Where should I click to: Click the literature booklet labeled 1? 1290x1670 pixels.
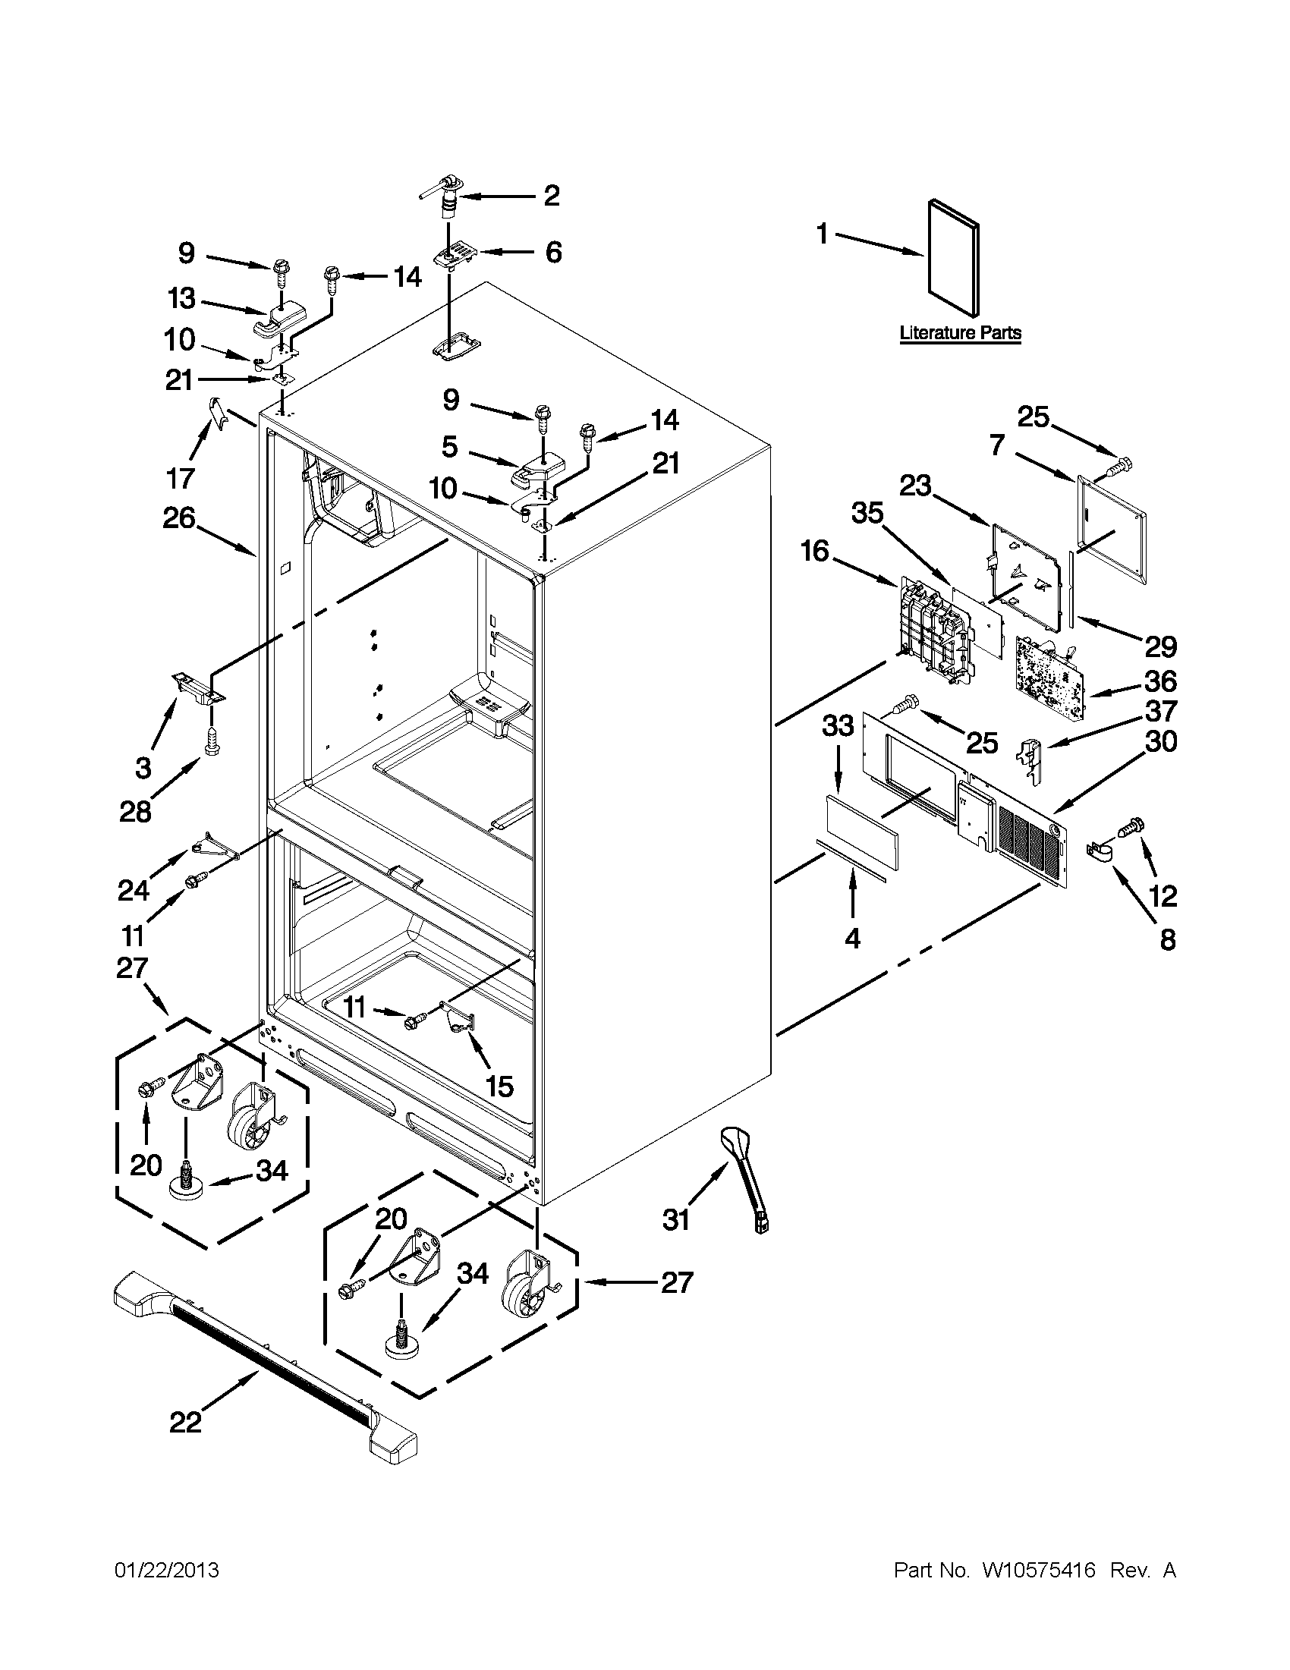pyautogui.click(x=953, y=260)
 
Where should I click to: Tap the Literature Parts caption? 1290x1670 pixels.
pyautogui.click(x=960, y=333)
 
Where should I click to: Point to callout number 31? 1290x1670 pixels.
pyautogui.click(x=676, y=1219)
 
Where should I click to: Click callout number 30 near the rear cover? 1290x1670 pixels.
pyautogui.click(x=1160, y=742)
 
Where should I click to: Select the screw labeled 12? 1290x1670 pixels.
pyautogui.click(x=1131, y=826)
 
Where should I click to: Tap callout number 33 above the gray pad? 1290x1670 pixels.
pyautogui.click(x=837, y=725)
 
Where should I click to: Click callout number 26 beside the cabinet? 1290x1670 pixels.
pyautogui.click(x=179, y=519)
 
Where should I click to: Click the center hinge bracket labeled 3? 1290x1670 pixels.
pyautogui.click(x=197, y=685)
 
